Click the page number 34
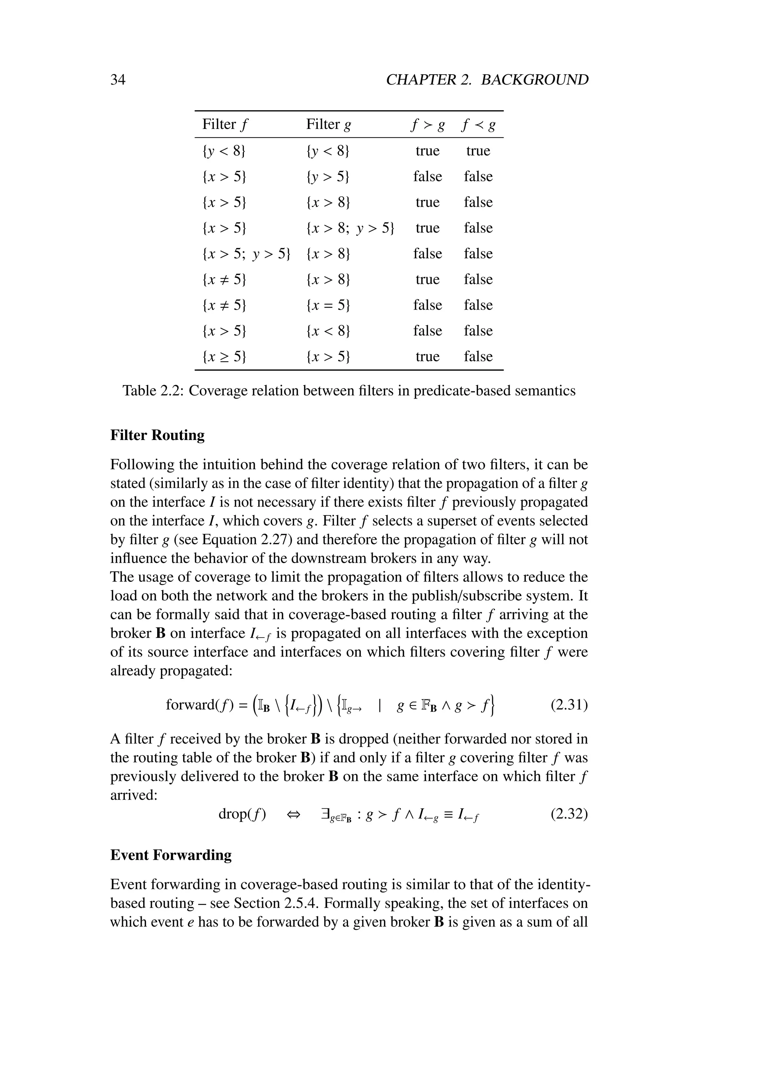pyautogui.click(x=118, y=80)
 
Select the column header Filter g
pyautogui.click(x=328, y=124)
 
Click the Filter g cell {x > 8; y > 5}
pyautogui.click(x=350, y=228)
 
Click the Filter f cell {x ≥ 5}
pyautogui.click(x=224, y=357)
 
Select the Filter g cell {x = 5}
pyautogui.click(x=328, y=305)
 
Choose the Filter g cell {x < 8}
pyautogui.click(x=328, y=331)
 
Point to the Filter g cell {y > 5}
pyautogui.click(x=328, y=177)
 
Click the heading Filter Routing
pyautogui.click(x=157, y=435)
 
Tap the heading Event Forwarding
pyautogui.click(x=171, y=855)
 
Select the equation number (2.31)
pyautogui.click(x=569, y=705)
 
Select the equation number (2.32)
pyautogui.click(x=569, y=814)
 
